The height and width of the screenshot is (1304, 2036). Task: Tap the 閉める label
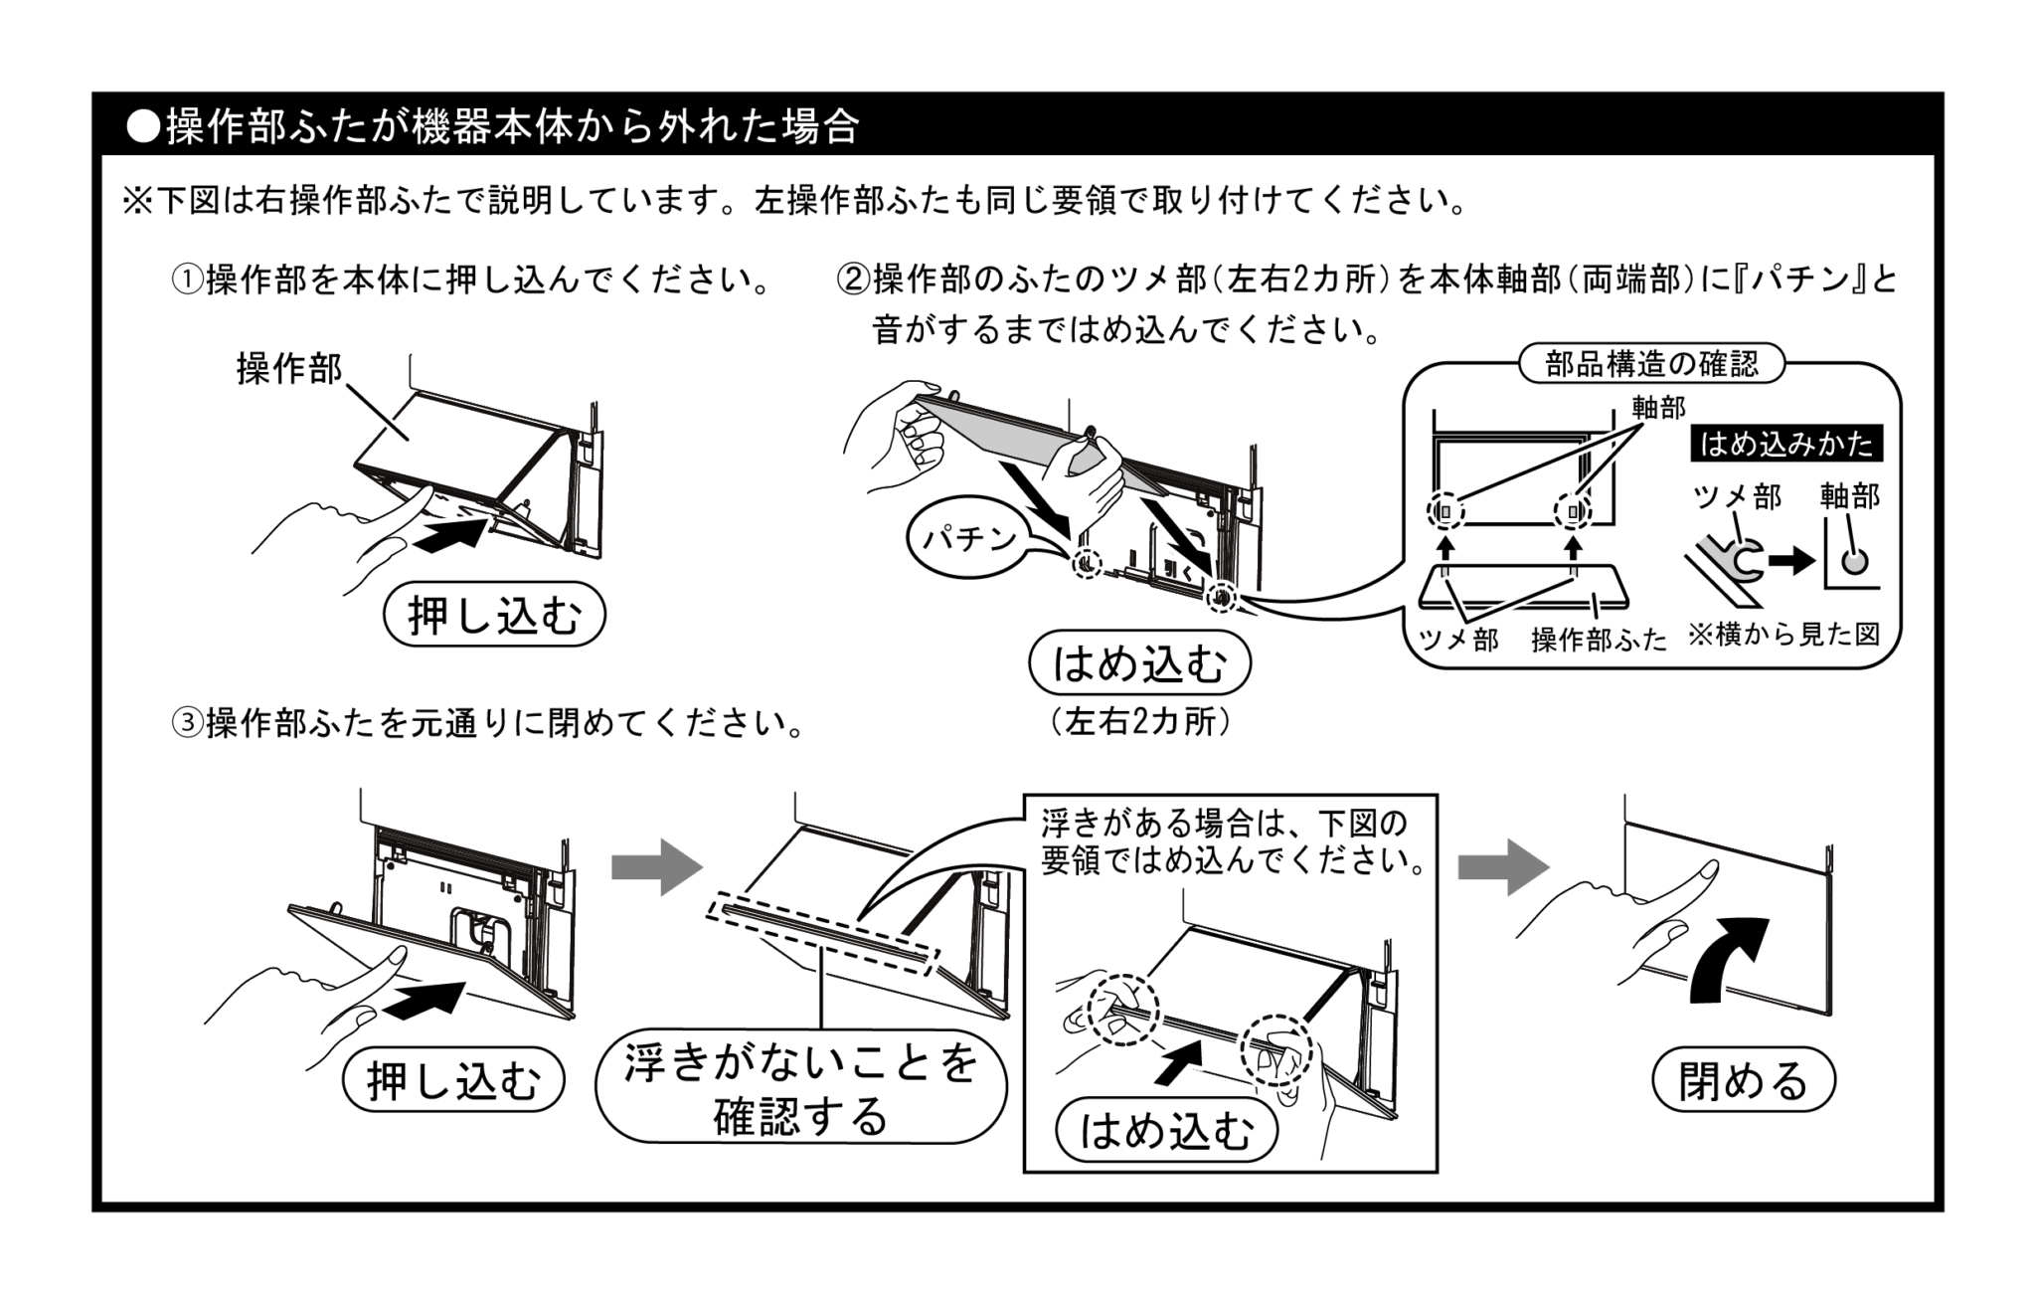[1743, 1081]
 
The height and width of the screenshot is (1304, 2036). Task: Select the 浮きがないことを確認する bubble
[801, 1087]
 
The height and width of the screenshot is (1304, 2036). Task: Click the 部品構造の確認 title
[1651, 364]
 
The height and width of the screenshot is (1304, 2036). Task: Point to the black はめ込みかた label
[1786, 444]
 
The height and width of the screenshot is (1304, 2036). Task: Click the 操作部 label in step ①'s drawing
[288, 369]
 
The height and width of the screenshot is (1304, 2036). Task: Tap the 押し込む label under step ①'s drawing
[494, 617]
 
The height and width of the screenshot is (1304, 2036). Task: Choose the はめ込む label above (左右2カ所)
[1139, 663]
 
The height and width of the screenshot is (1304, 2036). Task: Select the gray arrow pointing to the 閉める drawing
[1502, 867]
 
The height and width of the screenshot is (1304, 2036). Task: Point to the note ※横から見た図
[1783, 635]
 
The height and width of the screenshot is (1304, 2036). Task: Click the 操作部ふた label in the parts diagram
[1599, 640]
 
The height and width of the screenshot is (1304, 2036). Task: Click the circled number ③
[187, 724]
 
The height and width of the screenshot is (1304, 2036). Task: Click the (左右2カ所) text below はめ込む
[1139, 722]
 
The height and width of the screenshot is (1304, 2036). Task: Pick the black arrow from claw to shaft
[1791, 562]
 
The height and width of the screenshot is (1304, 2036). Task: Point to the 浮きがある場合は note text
[1231, 841]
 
